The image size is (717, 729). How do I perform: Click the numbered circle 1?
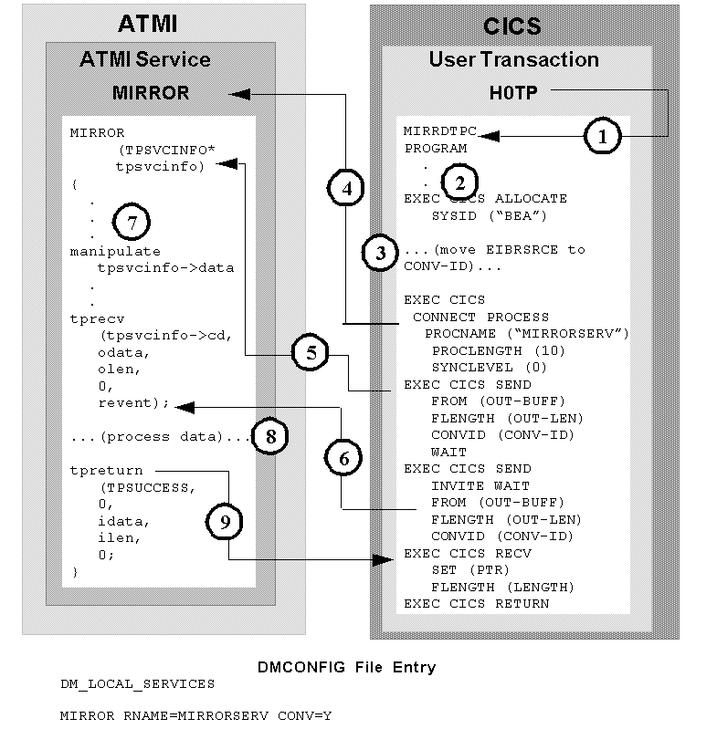click(x=602, y=137)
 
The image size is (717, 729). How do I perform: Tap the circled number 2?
click(x=459, y=180)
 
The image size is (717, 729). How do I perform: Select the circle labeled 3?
click(x=380, y=253)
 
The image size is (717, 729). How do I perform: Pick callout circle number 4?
click(x=345, y=190)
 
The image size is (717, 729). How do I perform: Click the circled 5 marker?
click(x=311, y=354)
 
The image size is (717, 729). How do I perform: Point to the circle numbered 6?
click(x=343, y=459)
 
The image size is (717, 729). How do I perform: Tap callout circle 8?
click(x=270, y=437)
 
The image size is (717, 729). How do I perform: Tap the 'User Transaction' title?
click(x=514, y=60)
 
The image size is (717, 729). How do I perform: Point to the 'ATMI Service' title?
click(x=145, y=60)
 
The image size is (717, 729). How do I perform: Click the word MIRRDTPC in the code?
click(x=440, y=131)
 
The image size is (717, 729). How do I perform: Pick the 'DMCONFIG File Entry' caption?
click(x=346, y=667)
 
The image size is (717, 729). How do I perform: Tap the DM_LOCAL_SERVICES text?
click(x=137, y=683)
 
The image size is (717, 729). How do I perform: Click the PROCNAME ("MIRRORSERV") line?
click(x=527, y=333)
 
